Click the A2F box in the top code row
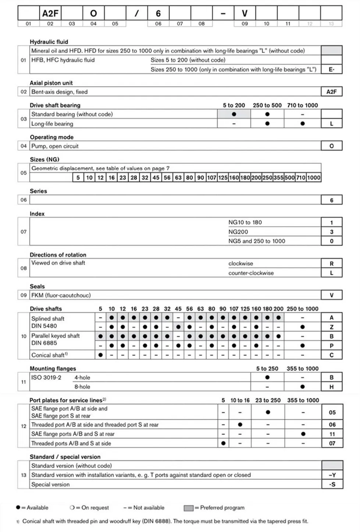50,14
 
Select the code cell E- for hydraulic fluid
331,69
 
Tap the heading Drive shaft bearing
55,105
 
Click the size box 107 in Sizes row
211,178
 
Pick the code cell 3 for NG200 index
331,232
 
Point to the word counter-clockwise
251,273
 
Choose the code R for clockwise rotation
331,264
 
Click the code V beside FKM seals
331,295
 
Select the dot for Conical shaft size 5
100,355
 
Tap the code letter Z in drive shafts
331,327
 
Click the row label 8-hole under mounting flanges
82,387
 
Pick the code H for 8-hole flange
331,387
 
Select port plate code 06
332,425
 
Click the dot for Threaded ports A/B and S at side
223,443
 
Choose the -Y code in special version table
332,475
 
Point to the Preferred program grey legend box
188,508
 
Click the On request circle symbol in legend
72,508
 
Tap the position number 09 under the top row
245,24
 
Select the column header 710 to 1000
302,105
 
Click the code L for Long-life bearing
331,124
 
